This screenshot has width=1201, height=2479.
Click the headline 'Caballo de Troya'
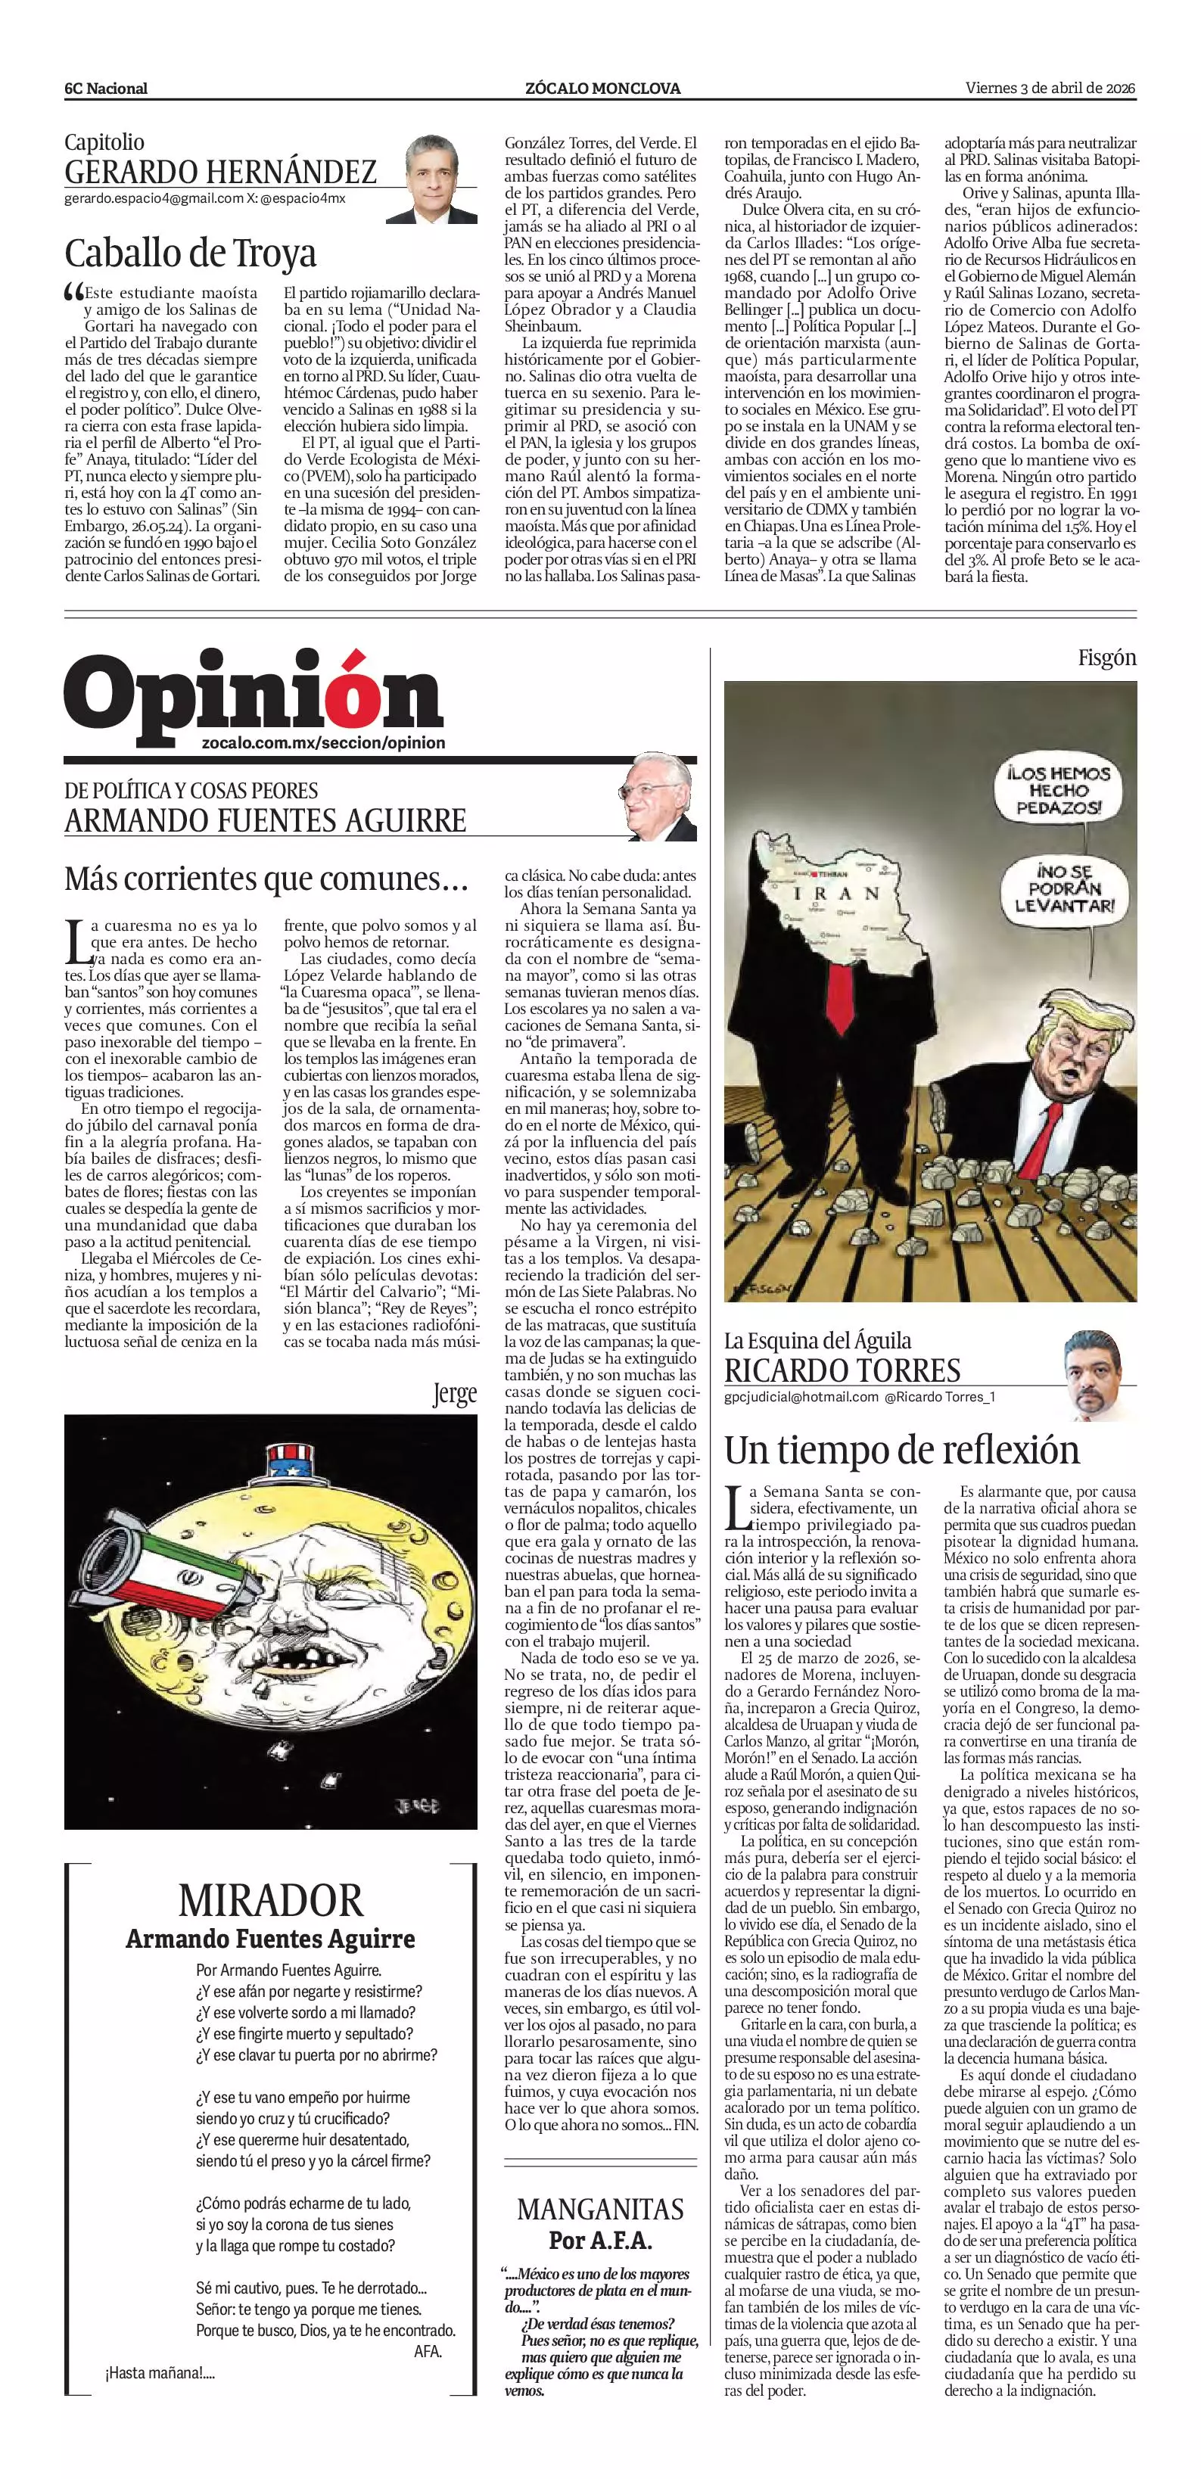point(190,253)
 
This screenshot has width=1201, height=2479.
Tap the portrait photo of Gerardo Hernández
point(432,179)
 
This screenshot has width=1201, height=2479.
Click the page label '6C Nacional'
point(106,89)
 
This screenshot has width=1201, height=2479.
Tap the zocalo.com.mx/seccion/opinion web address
point(323,743)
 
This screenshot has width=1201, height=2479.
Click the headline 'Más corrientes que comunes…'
point(266,879)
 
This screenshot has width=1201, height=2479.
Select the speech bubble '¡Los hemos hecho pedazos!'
point(1059,790)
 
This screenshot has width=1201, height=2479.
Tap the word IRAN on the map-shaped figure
point(835,892)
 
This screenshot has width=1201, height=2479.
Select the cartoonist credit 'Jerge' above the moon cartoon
point(454,1395)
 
